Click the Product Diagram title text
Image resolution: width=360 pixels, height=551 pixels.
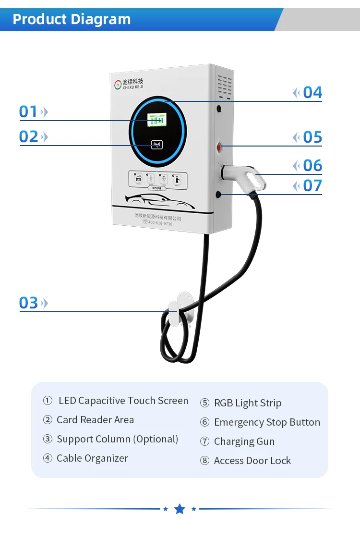(72, 19)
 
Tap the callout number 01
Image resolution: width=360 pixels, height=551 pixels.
(28, 112)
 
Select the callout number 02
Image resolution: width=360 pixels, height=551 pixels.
(28, 137)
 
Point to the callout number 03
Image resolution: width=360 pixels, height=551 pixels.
(28, 303)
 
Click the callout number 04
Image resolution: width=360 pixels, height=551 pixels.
(312, 93)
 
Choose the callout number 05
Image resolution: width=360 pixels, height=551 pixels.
(312, 137)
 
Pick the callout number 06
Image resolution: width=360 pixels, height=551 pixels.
(312, 166)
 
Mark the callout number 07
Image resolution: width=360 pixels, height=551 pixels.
(312, 185)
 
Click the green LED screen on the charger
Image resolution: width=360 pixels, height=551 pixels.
(157, 120)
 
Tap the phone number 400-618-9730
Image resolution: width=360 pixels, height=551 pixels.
(159, 223)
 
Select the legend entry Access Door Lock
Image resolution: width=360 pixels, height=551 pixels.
(252, 461)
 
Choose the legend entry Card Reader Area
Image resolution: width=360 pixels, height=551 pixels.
(95, 420)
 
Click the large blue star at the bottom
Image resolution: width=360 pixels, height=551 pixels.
(180, 509)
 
